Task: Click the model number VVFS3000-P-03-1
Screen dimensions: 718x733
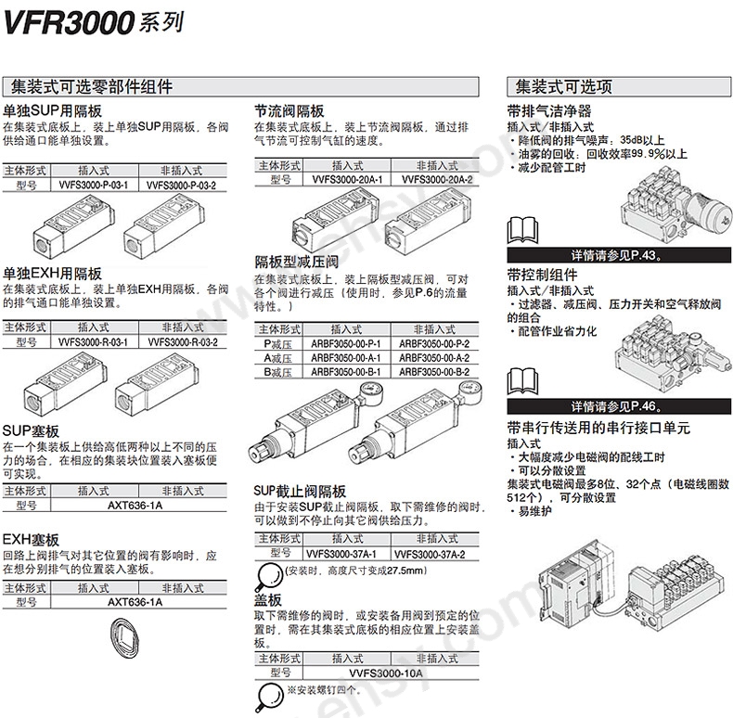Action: pyautogui.click(x=93, y=186)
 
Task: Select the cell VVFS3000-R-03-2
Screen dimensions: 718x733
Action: pyautogui.click(x=182, y=342)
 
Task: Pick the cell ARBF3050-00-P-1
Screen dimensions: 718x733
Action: pyautogui.click(x=346, y=342)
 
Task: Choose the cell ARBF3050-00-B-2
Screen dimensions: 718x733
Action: pyautogui.click(x=434, y=371)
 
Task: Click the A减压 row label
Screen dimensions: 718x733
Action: pyautogui.click(x=278, y=357)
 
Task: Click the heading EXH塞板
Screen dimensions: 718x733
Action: pyautogui.click(x=31, y=539)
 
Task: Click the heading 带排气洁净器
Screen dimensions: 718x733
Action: pyautogui.click(x=549, y=110)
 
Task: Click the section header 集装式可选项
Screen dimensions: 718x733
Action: pyautogui.click(x=559, y=88)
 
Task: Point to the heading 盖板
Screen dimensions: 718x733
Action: pyautogui.click(x=268, y=599)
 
